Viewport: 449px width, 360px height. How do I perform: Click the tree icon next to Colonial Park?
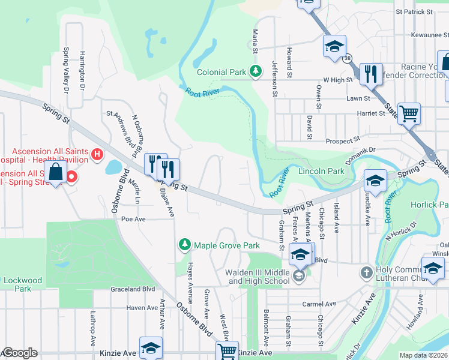point(256,72)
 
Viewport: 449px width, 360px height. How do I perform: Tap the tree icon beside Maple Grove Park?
point(184,245)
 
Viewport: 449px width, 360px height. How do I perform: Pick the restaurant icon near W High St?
point(371,74)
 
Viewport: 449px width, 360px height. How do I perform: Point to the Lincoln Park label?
point(321,171)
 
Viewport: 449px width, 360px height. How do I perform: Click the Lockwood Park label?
point(23,284)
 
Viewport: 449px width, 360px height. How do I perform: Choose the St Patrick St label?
point(414,11)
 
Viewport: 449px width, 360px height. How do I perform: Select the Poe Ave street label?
point(134,220)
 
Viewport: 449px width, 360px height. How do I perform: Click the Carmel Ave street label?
point(318,304)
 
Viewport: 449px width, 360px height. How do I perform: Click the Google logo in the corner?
point(19,353)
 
